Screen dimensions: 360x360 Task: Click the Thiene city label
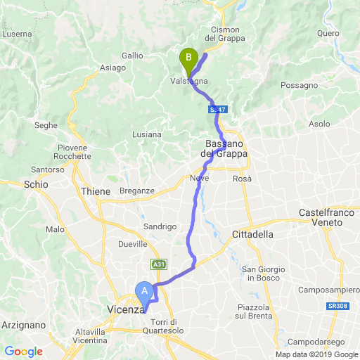click(96, 191)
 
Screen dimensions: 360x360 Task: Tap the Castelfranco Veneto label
click(330, 217)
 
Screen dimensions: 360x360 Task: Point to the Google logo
click(23, 352)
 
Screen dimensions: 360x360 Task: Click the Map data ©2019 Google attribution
click(316, 354)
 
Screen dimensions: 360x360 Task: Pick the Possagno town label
click(299, 85)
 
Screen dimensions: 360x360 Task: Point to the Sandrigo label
click(160, 226)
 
